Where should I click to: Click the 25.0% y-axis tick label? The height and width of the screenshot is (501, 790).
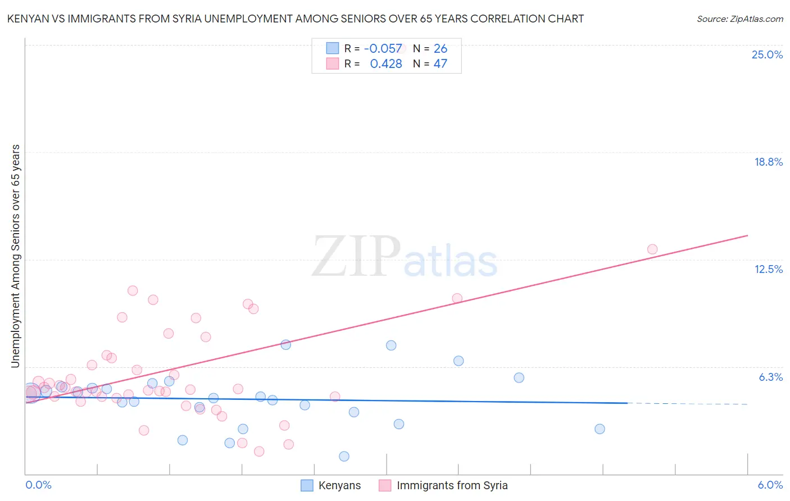tap(767, 54)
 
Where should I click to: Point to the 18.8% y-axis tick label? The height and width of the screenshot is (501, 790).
tap(768, 162)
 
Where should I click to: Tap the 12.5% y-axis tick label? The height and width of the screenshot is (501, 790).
tap(768, 269)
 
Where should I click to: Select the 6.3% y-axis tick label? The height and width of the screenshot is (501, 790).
tap(770, 377)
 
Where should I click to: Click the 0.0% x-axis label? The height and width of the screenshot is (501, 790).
tap(38, 485)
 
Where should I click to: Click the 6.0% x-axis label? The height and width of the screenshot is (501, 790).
tap(770, 485)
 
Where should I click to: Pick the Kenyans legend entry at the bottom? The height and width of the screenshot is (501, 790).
tap(331, 485)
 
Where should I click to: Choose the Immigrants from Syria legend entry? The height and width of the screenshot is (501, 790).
tap(443, 485)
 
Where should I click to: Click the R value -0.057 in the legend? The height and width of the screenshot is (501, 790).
tap(383, 49)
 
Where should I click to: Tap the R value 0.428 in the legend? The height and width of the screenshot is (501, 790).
tap(385, 64)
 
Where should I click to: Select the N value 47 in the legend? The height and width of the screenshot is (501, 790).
tap(440, 64)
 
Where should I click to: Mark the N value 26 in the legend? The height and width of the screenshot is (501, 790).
tap(440, 49)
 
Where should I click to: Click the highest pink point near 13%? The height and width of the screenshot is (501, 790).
tap(652, 249)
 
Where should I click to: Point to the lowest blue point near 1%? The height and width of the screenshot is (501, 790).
tap(344, 456)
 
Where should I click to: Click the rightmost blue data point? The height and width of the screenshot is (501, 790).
tap(600, 429)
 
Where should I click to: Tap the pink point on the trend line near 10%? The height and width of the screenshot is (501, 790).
tap(457, 298)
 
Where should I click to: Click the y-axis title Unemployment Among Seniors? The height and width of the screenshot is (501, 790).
tap(15, 256)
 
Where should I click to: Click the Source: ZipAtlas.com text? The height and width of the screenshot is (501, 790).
tap(739, 19)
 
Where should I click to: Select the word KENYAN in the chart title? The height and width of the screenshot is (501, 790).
tap(26, 19)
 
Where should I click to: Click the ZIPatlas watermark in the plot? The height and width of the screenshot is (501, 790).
tap(405, 257)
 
